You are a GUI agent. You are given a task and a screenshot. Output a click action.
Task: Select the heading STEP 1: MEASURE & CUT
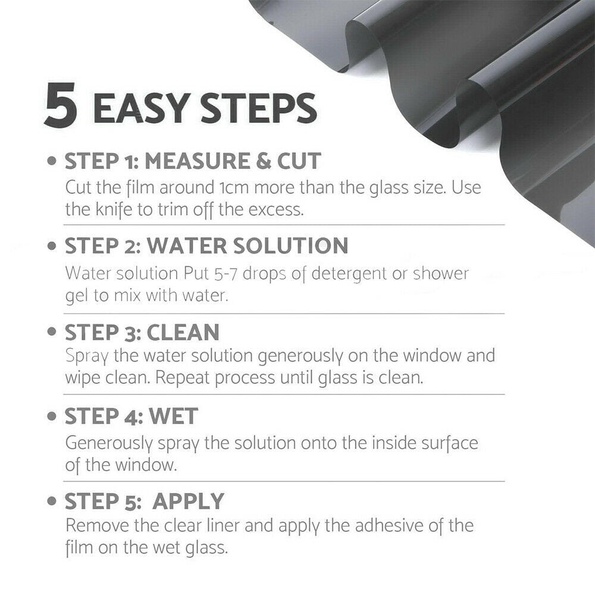click(192, 161)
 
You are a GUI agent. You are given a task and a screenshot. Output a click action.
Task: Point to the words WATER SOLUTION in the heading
click(248, 246)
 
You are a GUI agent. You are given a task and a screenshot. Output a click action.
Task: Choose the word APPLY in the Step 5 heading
click(189, 502)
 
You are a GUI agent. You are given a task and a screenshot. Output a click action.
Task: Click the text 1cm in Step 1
click(227, 188)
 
